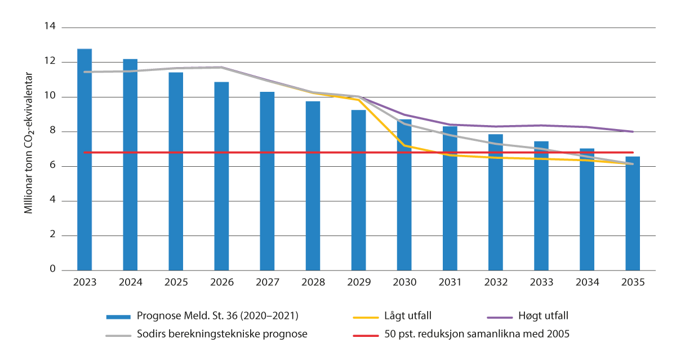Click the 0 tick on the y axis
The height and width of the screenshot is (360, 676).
[54, 270]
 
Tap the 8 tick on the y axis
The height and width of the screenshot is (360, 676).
[54, 131]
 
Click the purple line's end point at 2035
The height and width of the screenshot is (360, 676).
[633, 132]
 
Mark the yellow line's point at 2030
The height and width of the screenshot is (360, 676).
[404, 145]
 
